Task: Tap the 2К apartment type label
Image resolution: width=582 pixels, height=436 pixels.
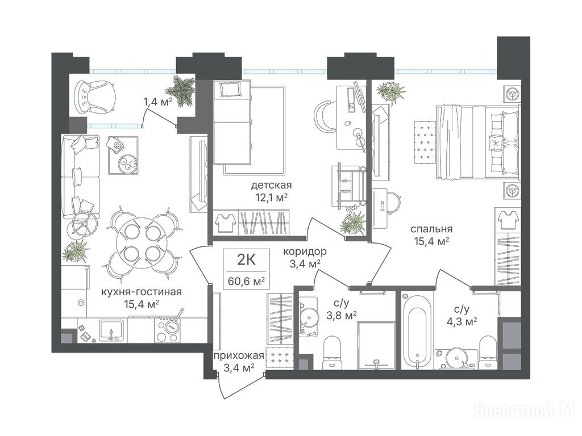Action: [x=247, y=260]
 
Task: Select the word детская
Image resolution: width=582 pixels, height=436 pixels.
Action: [x=271, y=185]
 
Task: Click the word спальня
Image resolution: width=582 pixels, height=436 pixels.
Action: [x=431, y=229]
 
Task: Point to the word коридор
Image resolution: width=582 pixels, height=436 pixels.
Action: [x=305, y=251]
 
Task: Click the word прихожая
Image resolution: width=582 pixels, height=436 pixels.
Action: [x=239, y=356]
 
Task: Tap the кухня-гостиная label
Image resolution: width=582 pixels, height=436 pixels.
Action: [x=142, y=292]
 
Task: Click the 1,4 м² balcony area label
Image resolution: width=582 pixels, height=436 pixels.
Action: [x=158, y=101]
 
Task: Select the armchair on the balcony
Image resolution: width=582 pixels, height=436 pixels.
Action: [x=94, y=97]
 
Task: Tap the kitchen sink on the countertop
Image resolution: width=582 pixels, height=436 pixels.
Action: [x=111, y=330]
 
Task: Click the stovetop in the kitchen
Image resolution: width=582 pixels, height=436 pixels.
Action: [x=168, y=330]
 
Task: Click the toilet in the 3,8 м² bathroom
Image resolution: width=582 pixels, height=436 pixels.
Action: [x=332, y=351]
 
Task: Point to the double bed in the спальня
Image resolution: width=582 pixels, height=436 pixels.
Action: [x=478, y=142]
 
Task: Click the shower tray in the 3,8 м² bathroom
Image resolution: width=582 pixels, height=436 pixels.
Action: [x=376, y=346]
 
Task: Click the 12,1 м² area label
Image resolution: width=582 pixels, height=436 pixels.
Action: [x=271, y=196]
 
